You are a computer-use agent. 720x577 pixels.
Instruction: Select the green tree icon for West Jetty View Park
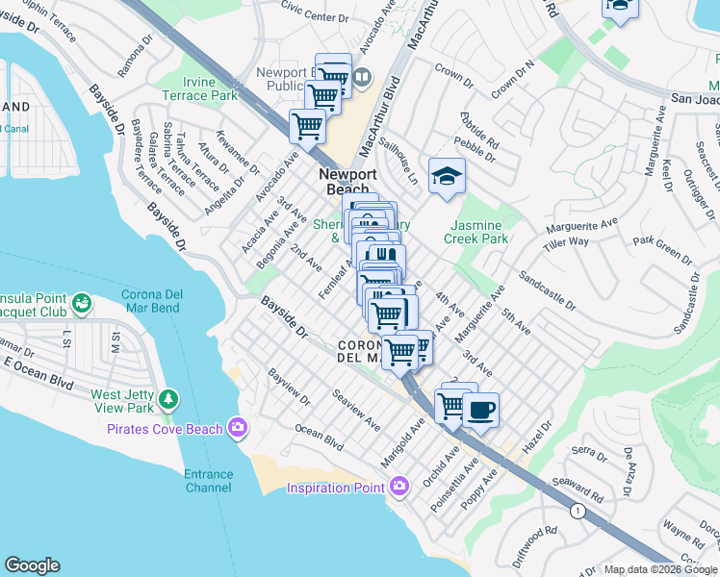(169, 398)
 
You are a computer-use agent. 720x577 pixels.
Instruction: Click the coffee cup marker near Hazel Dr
(478, 410)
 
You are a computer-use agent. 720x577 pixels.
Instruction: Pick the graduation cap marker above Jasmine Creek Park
(447, 176)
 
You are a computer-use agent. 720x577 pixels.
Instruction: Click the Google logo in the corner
(32, 565)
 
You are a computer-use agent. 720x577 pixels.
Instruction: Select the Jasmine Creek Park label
(477, 232)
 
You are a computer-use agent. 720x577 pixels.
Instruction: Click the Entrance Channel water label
(208, 481)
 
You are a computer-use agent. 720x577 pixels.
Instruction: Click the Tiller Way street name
(565, 241)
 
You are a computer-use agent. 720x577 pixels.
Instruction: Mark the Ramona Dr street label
(135, 61)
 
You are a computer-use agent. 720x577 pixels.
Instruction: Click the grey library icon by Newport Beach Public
(361, 77)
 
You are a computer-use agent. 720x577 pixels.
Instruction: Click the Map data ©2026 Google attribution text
(660, 569)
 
